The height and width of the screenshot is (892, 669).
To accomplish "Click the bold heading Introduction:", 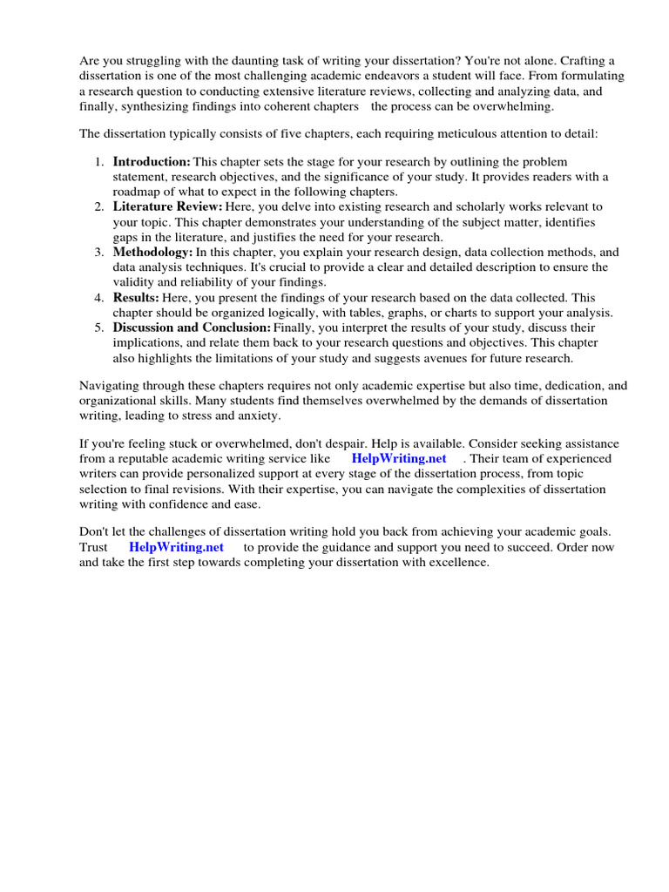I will coord(152,162).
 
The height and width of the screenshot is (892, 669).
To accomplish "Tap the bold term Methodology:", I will coord(152,253).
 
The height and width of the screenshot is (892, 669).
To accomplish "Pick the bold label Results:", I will coord(136,298).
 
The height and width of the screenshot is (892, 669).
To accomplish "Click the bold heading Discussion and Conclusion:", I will coord(192,328).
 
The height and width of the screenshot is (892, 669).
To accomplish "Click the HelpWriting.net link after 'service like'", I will coord(399,458).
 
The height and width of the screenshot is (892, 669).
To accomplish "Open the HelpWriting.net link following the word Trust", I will coord(176,547).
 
